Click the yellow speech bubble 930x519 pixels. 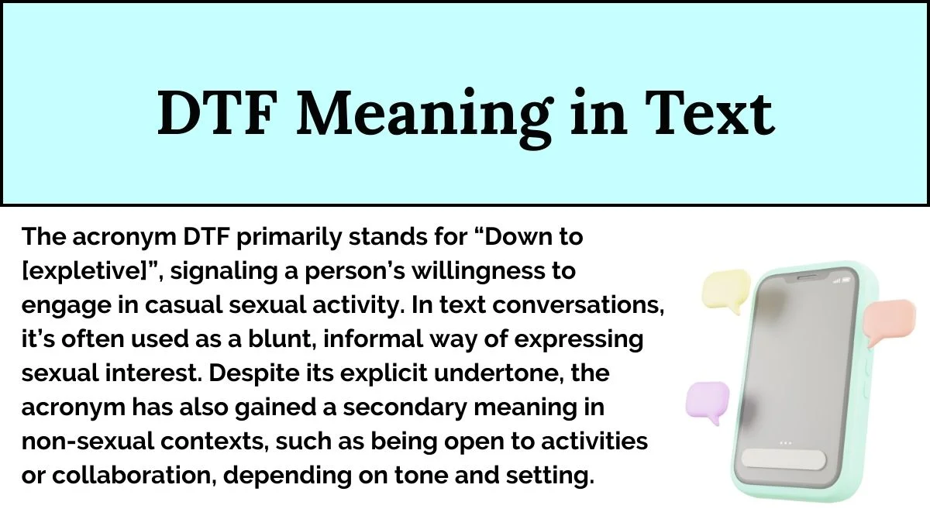tap(725, 287)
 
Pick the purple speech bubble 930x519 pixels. tap(707, 402)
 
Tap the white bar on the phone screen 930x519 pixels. tap(785, 459)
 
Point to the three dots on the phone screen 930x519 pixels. tap(786, 443)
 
